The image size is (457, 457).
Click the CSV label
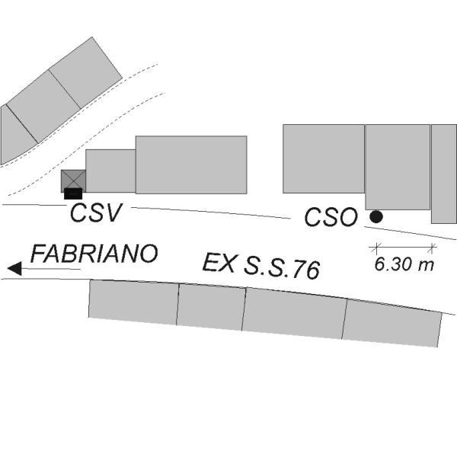(96, 213)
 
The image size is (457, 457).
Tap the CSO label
(331, 217)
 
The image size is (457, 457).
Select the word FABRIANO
(94, 254)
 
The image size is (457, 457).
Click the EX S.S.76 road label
(261, 267)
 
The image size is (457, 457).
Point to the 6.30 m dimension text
(404, 264)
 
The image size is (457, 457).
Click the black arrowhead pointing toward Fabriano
(14, 268)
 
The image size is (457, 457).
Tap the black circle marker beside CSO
(376, 216)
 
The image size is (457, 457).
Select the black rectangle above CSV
(73, 193)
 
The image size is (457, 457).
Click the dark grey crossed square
(73, 181)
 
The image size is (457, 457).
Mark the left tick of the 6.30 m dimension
(376, 248)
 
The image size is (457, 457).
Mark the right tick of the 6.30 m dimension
(432, 248)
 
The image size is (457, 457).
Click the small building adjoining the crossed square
(110, 171)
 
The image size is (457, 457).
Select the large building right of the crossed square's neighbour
(191, 165)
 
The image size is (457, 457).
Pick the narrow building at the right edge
(444, 174)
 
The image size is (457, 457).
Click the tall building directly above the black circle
(398, 167)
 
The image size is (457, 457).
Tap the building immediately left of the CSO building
(324, 159)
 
